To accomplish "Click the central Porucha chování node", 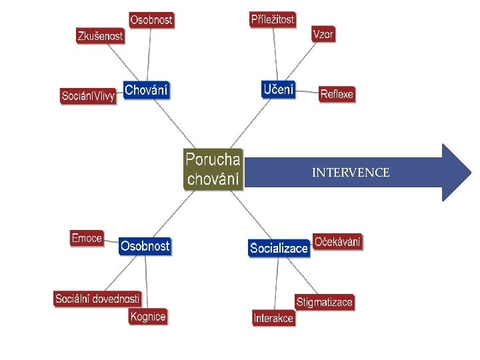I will pyautogui.click(x=213, y=169).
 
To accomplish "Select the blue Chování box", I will pyautogui.click(x=147, y=90).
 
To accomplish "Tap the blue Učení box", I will pyautogui.click(x=278, y=89).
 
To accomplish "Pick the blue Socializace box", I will pyautogui.click(x=279, y=248).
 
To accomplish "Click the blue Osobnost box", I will pyautogui.click(x=145, y=246).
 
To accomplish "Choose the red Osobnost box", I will pyautogui.click(x=151, y=20).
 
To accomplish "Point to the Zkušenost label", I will pyautogui.click(x=101, y=37).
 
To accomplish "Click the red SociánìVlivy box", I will pyautogui.click(x=88, y=96).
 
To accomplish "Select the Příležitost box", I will pyautogui.click(x=273, y=19).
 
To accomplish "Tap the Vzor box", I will pyautogui.click(x=323, y=35).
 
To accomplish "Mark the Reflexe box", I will pyautogui.click(x=337, y=94).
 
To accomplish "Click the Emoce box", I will pyautogui.click(x=87, y=238).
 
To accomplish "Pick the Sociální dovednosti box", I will pyautogui.click(x=97, y=299).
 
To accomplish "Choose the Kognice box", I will pyautogui.click(x=148, y=317).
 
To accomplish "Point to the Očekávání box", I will pyautogui.click(x=338, y=242).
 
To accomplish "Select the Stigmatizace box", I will pyautogui.click(x=324, y=302).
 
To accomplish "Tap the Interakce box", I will pyautogui.click(x=273, y=318).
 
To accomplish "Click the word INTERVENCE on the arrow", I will pyautogui.click(x=351, y=173).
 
